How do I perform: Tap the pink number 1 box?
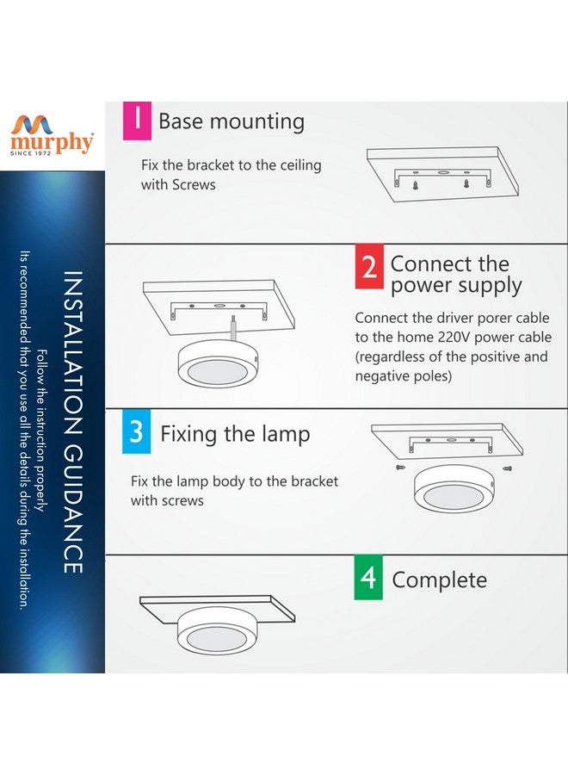137,119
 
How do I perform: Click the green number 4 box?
368,577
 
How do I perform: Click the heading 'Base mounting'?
232,121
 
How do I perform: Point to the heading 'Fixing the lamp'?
235,434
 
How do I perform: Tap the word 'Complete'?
439,580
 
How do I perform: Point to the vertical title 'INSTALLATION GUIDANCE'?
73,422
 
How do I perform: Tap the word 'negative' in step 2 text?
384,376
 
